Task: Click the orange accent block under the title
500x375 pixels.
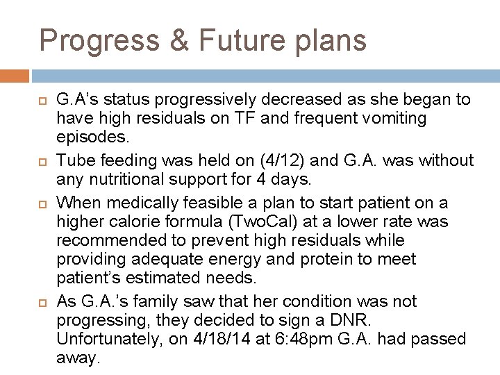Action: [15, 76]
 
